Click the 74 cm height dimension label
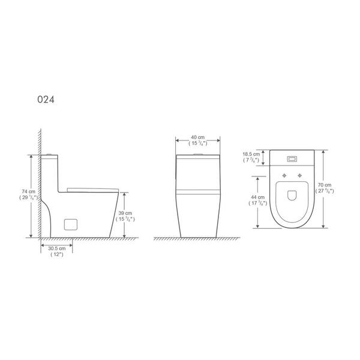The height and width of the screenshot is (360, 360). click(26, 191)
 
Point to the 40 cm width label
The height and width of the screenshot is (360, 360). click(197, 139)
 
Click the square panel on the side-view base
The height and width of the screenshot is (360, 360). click(71, 224)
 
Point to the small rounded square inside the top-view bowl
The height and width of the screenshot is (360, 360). click(292, 195)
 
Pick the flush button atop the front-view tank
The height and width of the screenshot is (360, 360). click(197, 155)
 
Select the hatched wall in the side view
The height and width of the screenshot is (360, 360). click(38, 180)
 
